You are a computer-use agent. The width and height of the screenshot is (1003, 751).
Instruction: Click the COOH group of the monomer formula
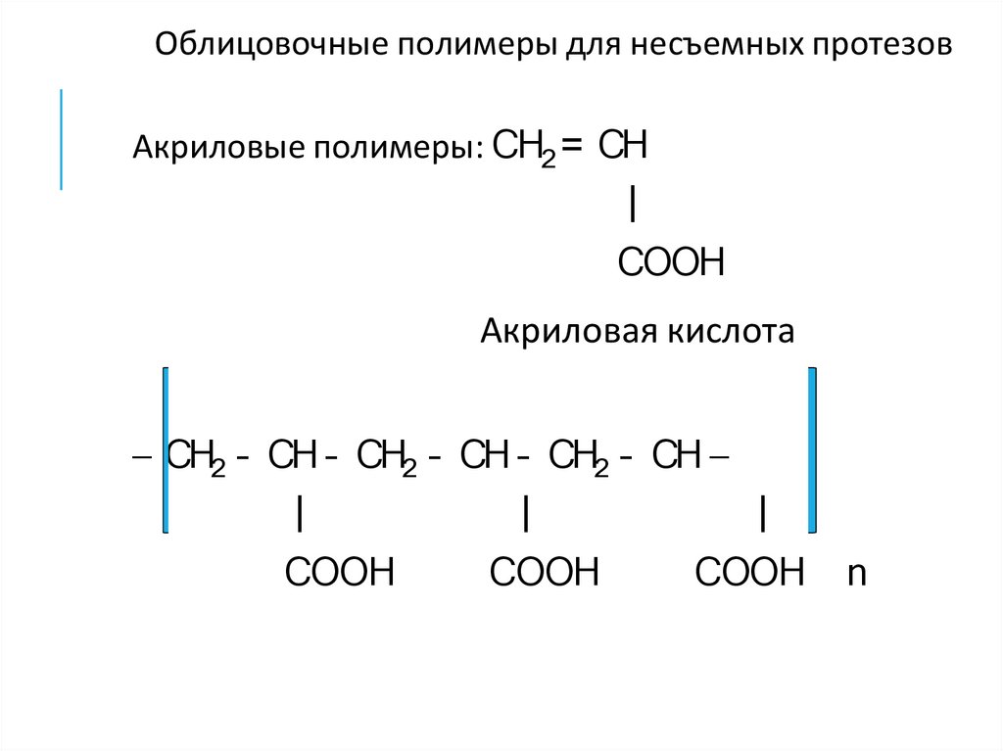[671, 262]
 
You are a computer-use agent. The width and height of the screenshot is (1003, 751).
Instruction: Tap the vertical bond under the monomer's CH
[636, 206]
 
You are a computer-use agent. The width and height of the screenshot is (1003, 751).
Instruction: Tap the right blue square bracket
[811, 449]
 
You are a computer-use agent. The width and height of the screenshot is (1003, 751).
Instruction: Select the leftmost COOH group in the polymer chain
[339, 572]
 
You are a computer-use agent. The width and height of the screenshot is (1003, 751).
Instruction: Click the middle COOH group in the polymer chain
[544, 572]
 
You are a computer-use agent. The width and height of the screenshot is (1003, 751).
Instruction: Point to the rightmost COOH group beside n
[748, 572]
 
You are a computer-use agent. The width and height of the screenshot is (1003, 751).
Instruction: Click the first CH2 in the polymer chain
[197, 456]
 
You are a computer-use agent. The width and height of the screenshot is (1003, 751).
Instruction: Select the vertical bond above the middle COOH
[527, 513]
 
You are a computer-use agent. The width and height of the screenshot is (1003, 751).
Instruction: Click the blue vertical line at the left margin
[62, 138]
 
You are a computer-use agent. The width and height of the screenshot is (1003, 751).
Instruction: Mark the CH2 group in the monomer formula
[524, 149]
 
